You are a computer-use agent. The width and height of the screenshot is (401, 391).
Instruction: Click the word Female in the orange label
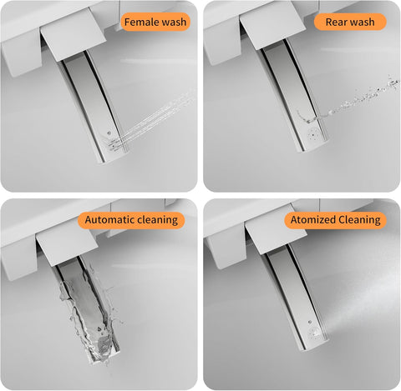(140, 22)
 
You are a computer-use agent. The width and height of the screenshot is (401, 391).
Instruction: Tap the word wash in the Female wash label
(172, 22)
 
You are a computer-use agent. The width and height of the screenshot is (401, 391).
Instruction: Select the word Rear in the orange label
(335, 22)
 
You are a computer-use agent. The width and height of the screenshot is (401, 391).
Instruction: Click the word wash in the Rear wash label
(361, 22)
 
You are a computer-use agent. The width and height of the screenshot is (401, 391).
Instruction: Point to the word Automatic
(109, 220)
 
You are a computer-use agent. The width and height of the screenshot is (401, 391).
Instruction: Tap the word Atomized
(312, 220)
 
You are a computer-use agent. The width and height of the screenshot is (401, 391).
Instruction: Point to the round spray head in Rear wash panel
(312, 135)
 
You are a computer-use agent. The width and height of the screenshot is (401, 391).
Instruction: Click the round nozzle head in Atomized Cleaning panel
(315, 332)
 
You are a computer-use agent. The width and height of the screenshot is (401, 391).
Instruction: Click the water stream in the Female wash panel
(156, 117)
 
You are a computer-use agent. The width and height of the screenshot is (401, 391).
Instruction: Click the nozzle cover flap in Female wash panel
(73, 35)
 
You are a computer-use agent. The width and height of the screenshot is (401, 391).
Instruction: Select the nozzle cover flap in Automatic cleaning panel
(67, 248)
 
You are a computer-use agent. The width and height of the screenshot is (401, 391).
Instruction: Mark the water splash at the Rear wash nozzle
(311, 118)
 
